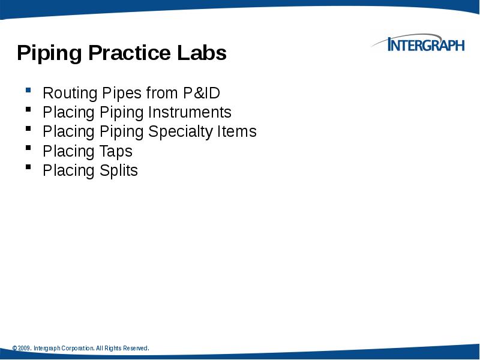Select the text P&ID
pyautogui.click(x=202, y=93)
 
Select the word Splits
pyautogui.click(x=119, y=170)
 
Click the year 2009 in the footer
pyautogui.click(x=24, y=349)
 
